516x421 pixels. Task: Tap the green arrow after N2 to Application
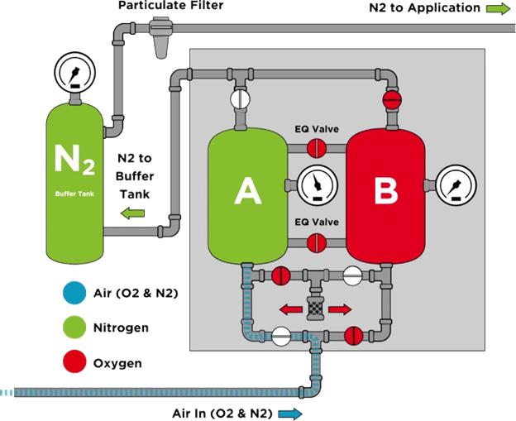pos(498,8)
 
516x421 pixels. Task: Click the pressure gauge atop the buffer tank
pos(74,73)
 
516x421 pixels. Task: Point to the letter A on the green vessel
pos(246,191)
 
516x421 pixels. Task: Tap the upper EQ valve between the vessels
pos(318,149)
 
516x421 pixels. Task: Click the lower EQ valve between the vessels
pos(318,243)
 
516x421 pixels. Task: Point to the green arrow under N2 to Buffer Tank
pos(132,214)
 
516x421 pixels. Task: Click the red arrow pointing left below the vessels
pos(289,310)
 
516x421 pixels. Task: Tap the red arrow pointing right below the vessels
pos(340,310)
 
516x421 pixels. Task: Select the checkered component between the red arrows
pos(315,309)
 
